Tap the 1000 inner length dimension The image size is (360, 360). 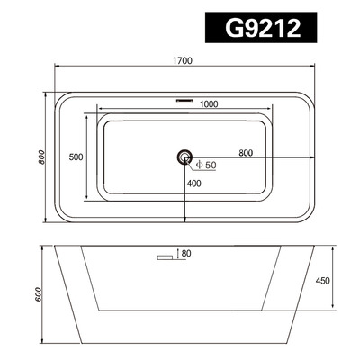pyautogui.click(x=209, y=104)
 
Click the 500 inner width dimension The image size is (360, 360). pyautogui.click(x=76, y=157)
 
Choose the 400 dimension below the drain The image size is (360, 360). pyautogui.click(x=193, y=184)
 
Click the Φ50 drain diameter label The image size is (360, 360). pyautogui.click(x=205, y=164)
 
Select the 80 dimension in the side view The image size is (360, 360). pyautogui.click(x=186, y=254)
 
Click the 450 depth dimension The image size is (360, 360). pyautogui.click(x=323, y=280)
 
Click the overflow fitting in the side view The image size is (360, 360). pyautogui.click(x=165, y=258)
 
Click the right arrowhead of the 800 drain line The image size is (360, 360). pyautogui.click(x=314, y=159)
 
